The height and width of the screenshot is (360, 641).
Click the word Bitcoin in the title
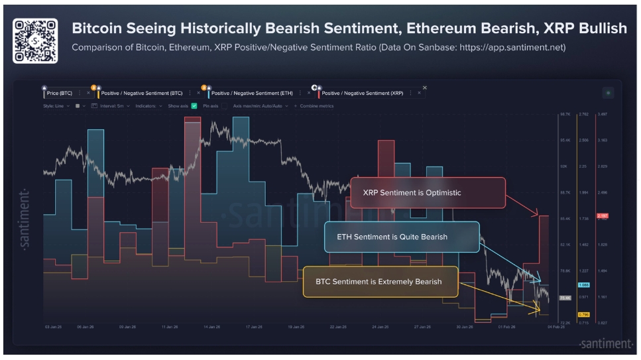click(x=97, y=29)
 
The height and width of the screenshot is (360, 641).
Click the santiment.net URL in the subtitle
click(x=520, y=48)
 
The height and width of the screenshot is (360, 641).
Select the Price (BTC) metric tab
click(x=62, y=93)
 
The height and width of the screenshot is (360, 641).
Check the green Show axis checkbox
click(x=194, y=106)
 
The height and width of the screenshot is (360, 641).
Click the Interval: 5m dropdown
click(x=112, y=106)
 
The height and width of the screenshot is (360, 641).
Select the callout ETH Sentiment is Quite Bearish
click(x=401, y=237)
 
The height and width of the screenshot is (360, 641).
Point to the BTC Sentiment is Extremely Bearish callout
click(x=380, y=282)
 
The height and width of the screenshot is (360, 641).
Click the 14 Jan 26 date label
click(x=212, y=327)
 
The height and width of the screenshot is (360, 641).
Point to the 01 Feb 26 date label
click(x=508, y=327)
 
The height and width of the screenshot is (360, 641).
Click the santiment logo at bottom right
click(x=605, y=343)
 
